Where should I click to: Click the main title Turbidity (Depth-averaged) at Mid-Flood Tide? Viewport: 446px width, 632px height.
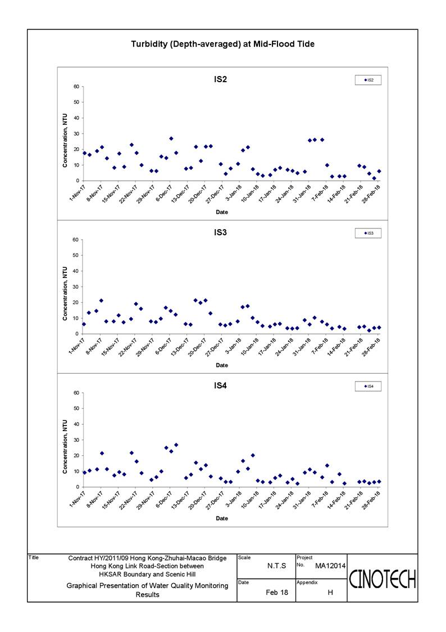tap(223, 44)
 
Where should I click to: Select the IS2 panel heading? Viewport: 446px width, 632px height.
tap(220, 79)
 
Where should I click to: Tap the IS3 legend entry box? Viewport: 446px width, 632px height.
tap(368, 233)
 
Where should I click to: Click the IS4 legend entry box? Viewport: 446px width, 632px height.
tap(368, 386)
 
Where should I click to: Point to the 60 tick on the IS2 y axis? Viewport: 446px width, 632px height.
tap(76, 87)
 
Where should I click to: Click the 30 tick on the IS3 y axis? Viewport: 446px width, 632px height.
tap(76, 287)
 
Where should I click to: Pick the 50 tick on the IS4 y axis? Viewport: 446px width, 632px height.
tap(76, 409)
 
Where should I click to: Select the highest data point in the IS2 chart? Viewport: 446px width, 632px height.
tap(171, 138)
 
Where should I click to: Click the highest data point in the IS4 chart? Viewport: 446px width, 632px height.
tap(176, 445)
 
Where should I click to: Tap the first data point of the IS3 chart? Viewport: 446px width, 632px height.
tap(84, 324)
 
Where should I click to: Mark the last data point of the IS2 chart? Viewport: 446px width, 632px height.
tap(379, 171)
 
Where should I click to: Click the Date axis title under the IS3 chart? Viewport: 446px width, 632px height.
tap(222, 365)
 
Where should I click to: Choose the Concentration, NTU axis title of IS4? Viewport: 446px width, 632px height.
tap(65, 447)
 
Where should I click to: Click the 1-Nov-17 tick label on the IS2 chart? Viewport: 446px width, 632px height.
tap(78, 193)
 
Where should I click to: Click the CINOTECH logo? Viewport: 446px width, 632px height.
tap(382, 579)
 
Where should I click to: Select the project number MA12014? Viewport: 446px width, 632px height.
tap(330, 566)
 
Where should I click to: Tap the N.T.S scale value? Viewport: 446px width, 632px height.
tap(277, 566)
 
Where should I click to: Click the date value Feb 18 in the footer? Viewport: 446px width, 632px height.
tap(277, 593)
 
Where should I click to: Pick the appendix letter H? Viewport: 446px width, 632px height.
tap(330, 593)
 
